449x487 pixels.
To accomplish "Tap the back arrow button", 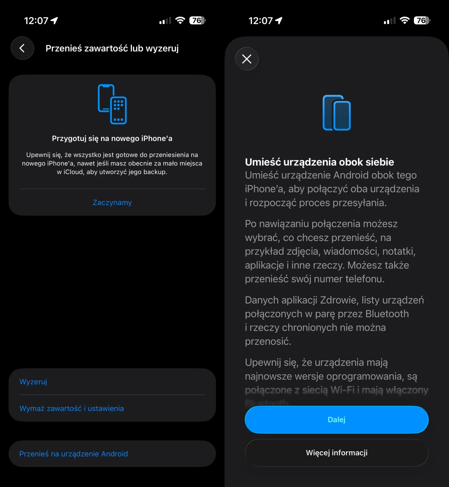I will pyautogui.click(x=22, y=48).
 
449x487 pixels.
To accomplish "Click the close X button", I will pyautogui.click(x=247, y=59).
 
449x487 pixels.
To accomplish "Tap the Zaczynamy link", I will pyautogui.click(x=112, y=203).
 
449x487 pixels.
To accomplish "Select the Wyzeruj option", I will pyautogui.click(x=33, y=382).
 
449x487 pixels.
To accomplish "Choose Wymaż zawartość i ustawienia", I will pyautogui.click(x=72, y=409).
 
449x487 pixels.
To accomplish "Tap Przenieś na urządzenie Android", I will pyautogui.click(x=74, y=454).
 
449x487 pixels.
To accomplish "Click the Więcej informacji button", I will pyautogui.click(x=336, y=453).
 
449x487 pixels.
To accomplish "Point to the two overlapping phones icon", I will pyautogui.click(x=336, y=113).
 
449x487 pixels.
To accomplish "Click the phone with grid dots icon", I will pyautogui.click(x=112, y=104).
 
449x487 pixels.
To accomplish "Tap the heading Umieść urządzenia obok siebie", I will pyautogui.click(x=319, y=162).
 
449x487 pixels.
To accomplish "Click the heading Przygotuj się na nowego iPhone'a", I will pyautogui.click(x=112, y=138).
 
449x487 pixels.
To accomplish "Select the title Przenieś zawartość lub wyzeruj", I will pyautogui.click(x=112, y=48).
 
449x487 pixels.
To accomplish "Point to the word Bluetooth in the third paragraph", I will pyautogui.click(x=387, y=314).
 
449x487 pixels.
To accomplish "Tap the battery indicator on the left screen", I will pyautogui.click(x=197, y=21).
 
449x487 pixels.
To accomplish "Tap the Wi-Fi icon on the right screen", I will pyautogui.click(x=404, y=21).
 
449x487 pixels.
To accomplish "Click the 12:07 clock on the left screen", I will pyautogui.click(x=36, y=21).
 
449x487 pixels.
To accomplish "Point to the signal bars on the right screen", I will pyautogui.click(x=389, y=21).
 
